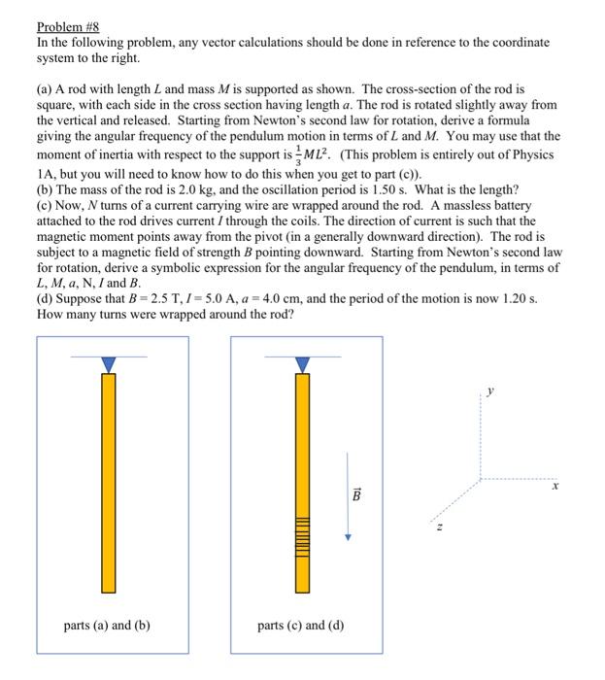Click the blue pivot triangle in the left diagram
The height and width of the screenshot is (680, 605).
tap(109, 363)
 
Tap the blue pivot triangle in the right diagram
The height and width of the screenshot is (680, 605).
tap(303, 363)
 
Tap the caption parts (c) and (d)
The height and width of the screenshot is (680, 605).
tap(301, 625)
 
